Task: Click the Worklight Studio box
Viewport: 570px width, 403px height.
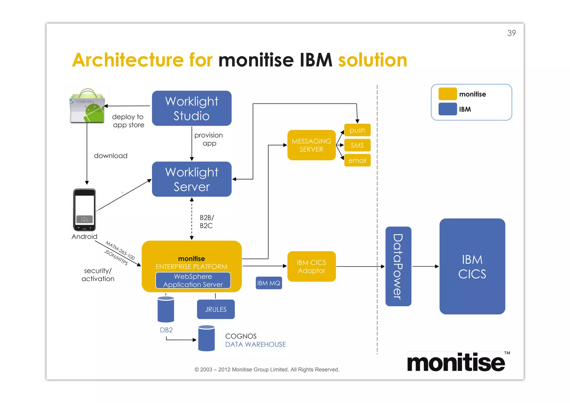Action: pyautogui.click(x=191, y=108)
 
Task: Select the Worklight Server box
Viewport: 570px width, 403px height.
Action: pyautogui.click(x=191, y=179)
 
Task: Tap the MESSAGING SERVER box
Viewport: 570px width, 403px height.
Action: pyautogui.click(x=311, y=145)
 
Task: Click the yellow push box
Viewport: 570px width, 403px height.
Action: pyautogui.click(x=357, y=130)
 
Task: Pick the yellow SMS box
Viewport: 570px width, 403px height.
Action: pyautogui.click(x=357, y=145)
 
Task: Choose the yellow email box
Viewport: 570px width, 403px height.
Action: pyautogui.click(x=357, y=160)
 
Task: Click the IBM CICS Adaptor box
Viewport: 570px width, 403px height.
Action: pyautogui.click(x=311, y=266)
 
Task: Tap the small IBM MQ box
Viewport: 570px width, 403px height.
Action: pyautogui.click(x=269, y=283)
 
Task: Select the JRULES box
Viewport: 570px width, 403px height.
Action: pyautogui.click(x=216, y=309)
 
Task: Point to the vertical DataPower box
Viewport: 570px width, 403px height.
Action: pyautogui.click(x=398, y=266)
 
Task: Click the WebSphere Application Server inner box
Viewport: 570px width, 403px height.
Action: pyautogui.click(x=193, y=280)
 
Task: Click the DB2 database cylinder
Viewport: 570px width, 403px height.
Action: pyautogui.click(x=166, y=309)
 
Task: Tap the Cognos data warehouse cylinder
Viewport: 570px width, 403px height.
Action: pyautogui.click(x=206, y=338)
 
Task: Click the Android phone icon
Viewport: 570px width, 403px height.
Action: pyautogui.click(x=84, y=210)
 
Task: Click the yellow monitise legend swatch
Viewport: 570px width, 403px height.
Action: pyautogui.click(x=447, y=94)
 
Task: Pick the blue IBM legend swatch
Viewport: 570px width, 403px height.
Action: pyautogui.click(x=447, y=109)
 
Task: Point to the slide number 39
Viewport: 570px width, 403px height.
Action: pyautogui.click(x=511, y=33)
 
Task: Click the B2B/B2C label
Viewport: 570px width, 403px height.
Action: pyautogui.click(x=207, y=222)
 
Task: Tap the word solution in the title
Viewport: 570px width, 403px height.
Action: pyautogui.click(x=372, y=60)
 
